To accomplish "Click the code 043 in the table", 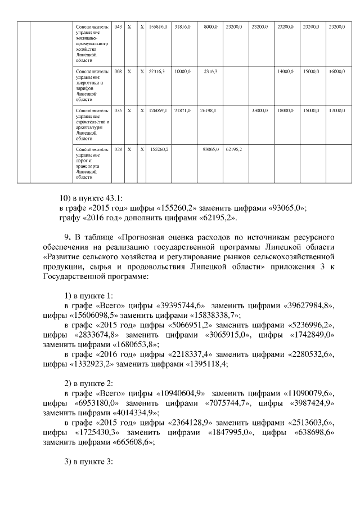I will click(118, 26).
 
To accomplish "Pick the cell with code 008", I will click(118, 72).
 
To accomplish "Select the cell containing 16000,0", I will click(337, 72).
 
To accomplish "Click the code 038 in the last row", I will click(118, 149).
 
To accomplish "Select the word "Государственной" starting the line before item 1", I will click(74, 277).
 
